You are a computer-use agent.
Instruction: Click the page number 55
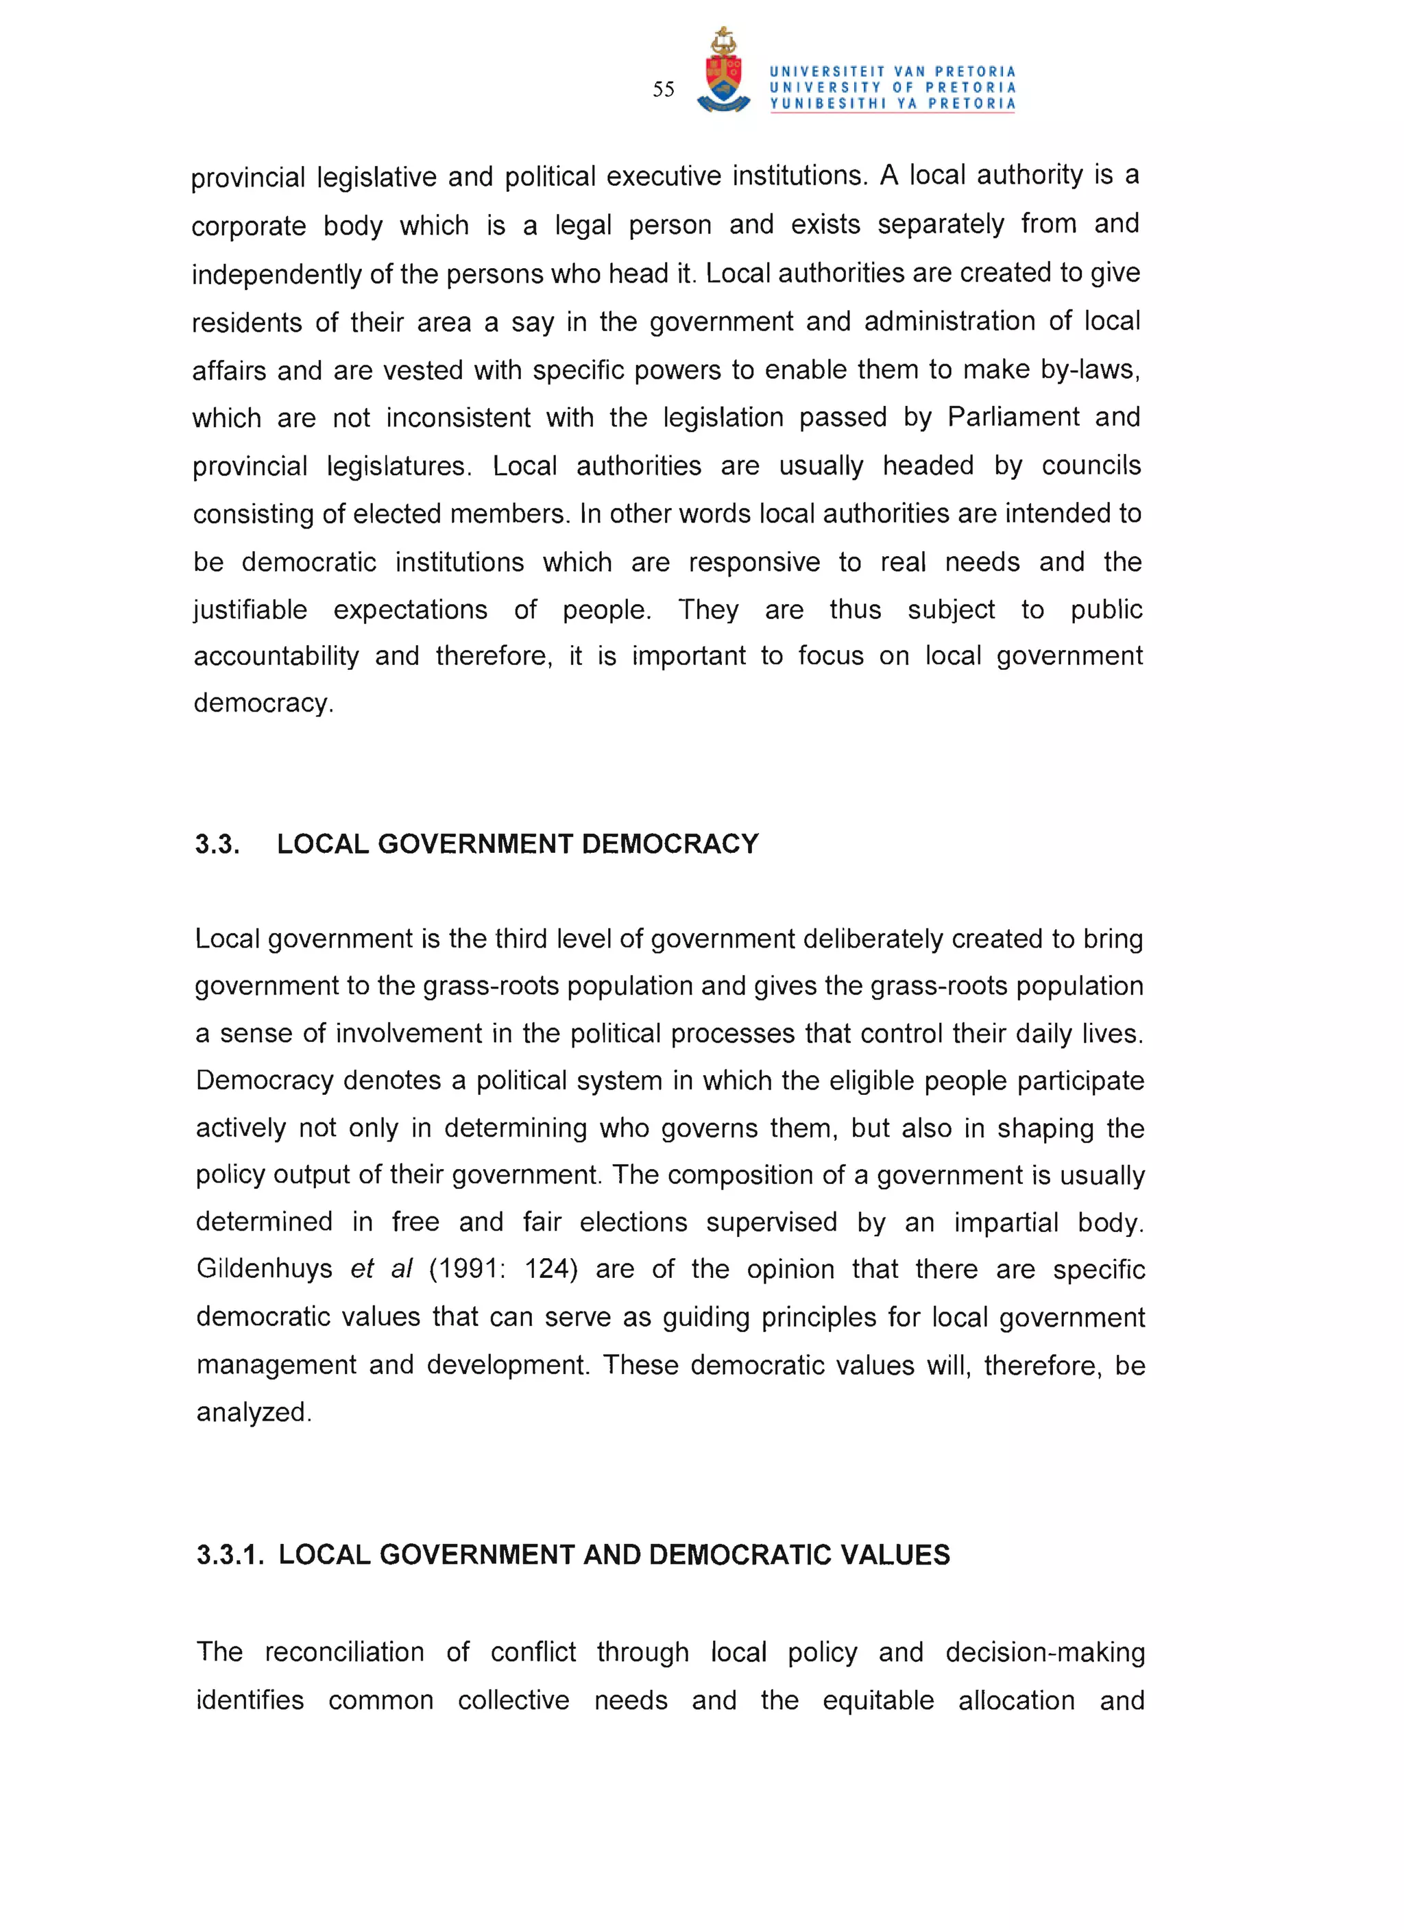pyautogui.click(x=663, y=89)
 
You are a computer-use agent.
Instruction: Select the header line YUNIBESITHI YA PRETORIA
pyautogui.click(x=893, y=104)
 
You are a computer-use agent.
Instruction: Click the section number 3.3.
pyautogui.click(x=217, y=844)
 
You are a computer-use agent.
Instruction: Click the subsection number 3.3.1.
pyautogui.click(x=230, y=1555)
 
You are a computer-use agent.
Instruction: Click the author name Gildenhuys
pyautogui.click(x=264, y=1269)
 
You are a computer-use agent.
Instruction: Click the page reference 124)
pyautogui.click(x=550, y=1269)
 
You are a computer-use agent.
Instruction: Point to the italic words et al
pyautogui.click(x=381, y=1269)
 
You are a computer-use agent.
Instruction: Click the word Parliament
pyautogui.click(x=1013, y=418)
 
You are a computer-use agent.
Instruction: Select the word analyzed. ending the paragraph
pyautogui.click(x=254, y=1412)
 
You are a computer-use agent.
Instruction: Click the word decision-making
pyautogui.click(x=1045, y=1652)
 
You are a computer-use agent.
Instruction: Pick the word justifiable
pyautogui.click(x=250, y=610)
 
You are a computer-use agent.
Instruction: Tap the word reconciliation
pyautogui.click(x=343, y=1652)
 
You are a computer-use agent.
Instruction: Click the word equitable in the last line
pyautogui.click(x=877, y=1700)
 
